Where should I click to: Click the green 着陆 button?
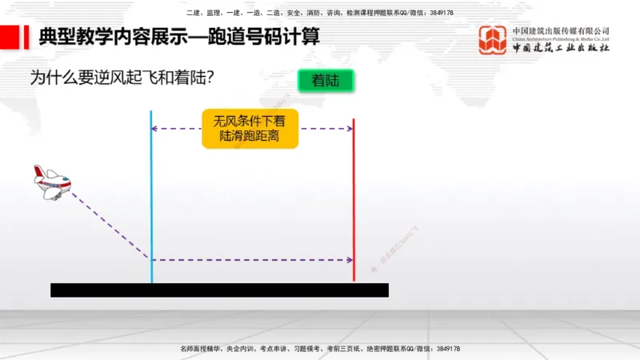(x=326, y=81)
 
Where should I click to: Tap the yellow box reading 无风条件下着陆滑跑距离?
(x=250, y=129)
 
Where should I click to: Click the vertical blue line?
(x=151, y=200)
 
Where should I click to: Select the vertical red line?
(x=353, y=200)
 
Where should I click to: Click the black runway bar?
(x=219, y=290)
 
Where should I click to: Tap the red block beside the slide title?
(x=10, y=37)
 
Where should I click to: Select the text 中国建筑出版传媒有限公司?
(x=561, y=30)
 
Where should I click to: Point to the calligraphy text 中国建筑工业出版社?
(x=561, y=48)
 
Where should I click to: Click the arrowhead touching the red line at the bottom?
(x=349, y=260)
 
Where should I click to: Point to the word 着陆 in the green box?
(x=326, y=81)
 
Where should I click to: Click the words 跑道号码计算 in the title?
(x=269, y=37)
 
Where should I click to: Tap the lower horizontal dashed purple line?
(x=252, y=260)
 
